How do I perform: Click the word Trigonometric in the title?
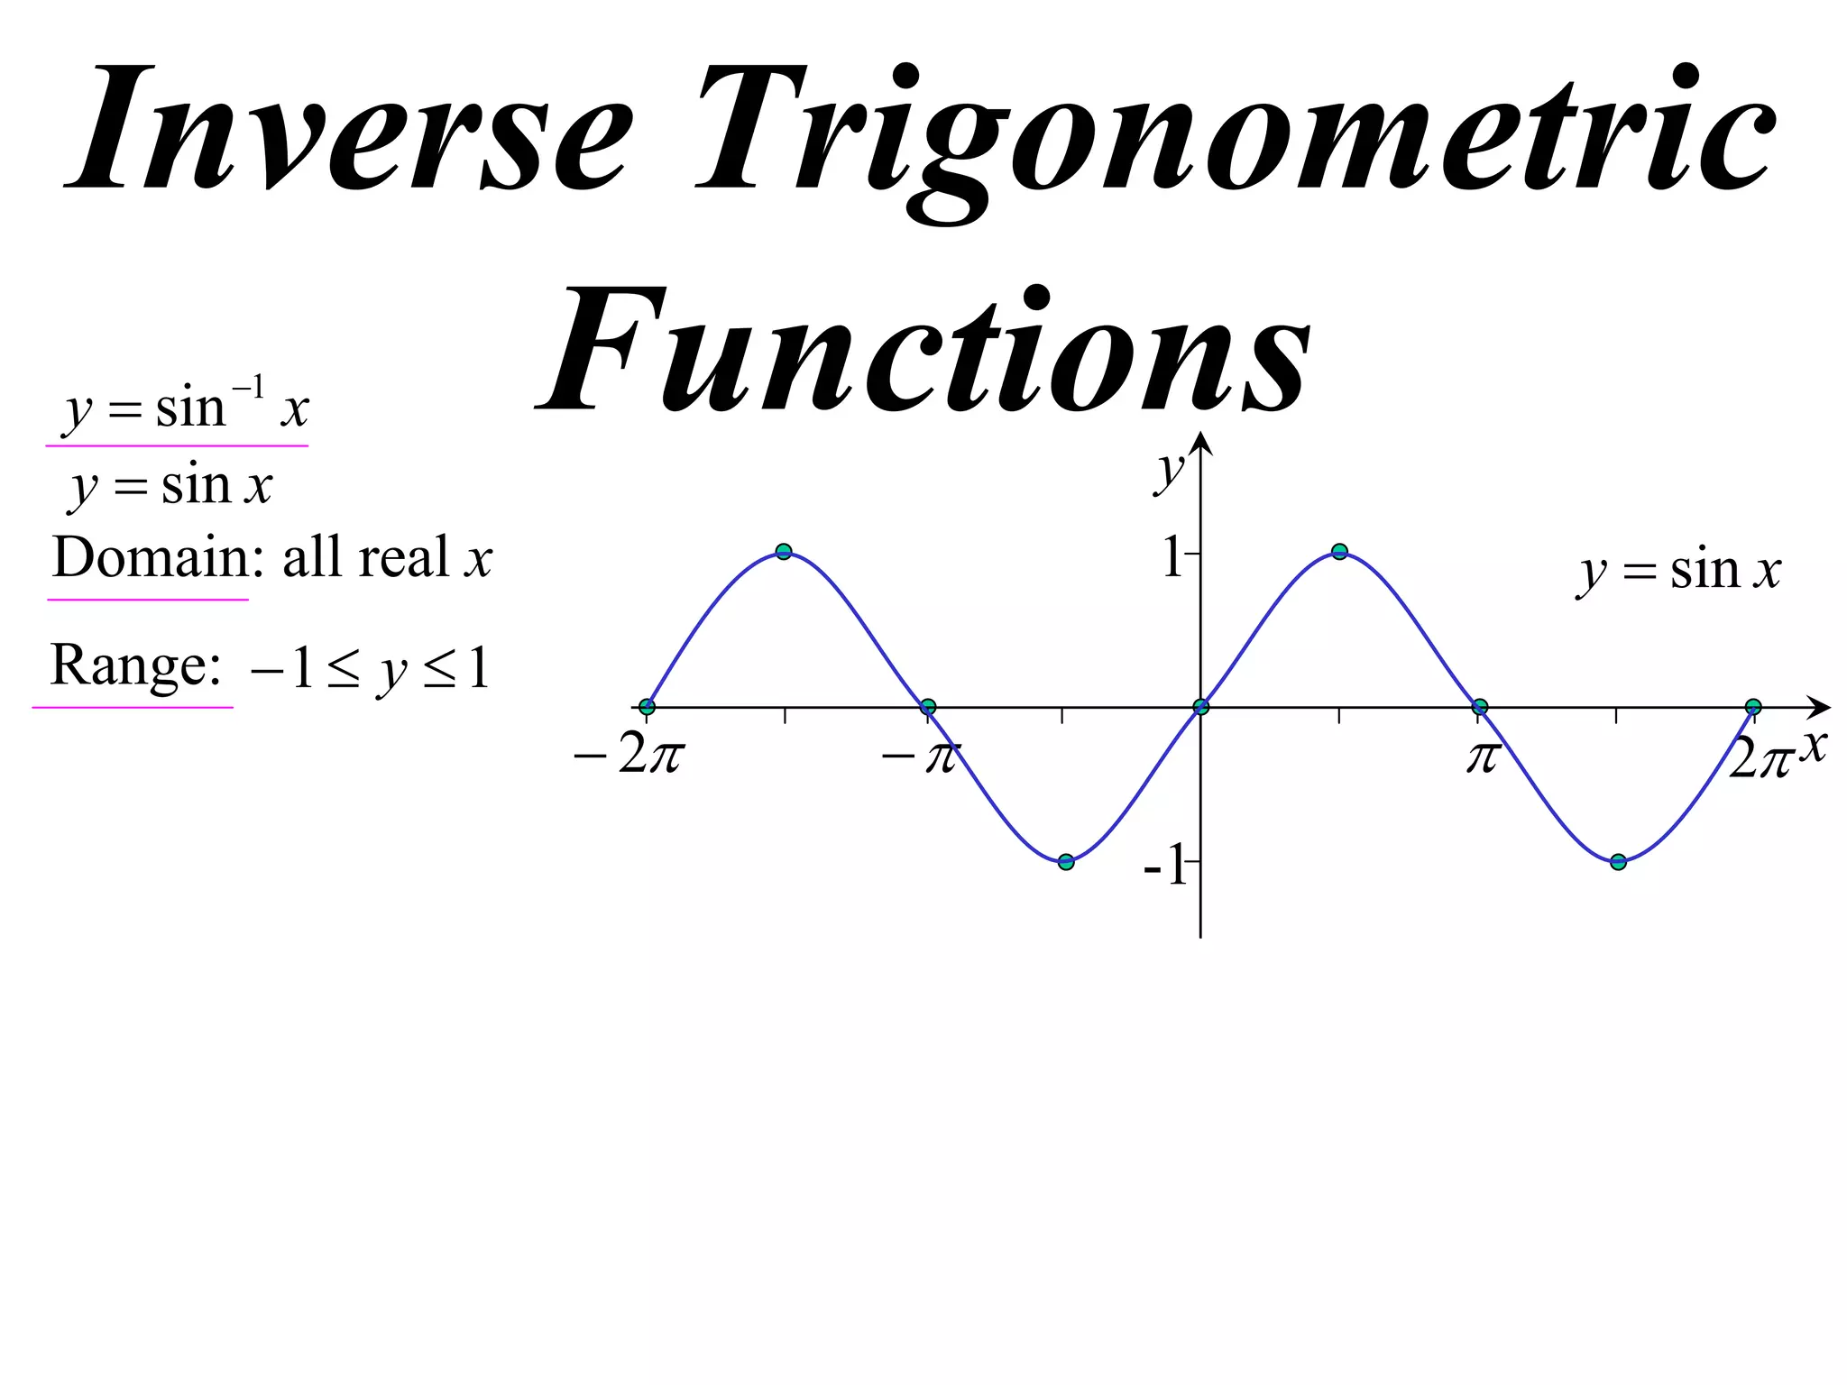(x=1236, y=135)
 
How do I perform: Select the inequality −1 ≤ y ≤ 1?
(x=371, y=669)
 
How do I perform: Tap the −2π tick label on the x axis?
(x=629, y=755)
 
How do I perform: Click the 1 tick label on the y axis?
(x=1172, y=556)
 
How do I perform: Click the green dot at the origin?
(x=1200, y=707)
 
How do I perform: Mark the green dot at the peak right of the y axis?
(x=1339, y=552)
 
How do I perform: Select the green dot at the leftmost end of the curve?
(x=647, y=707)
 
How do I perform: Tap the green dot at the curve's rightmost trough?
(x=1618, y=862)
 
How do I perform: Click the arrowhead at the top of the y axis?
(x=1200, y=444)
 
